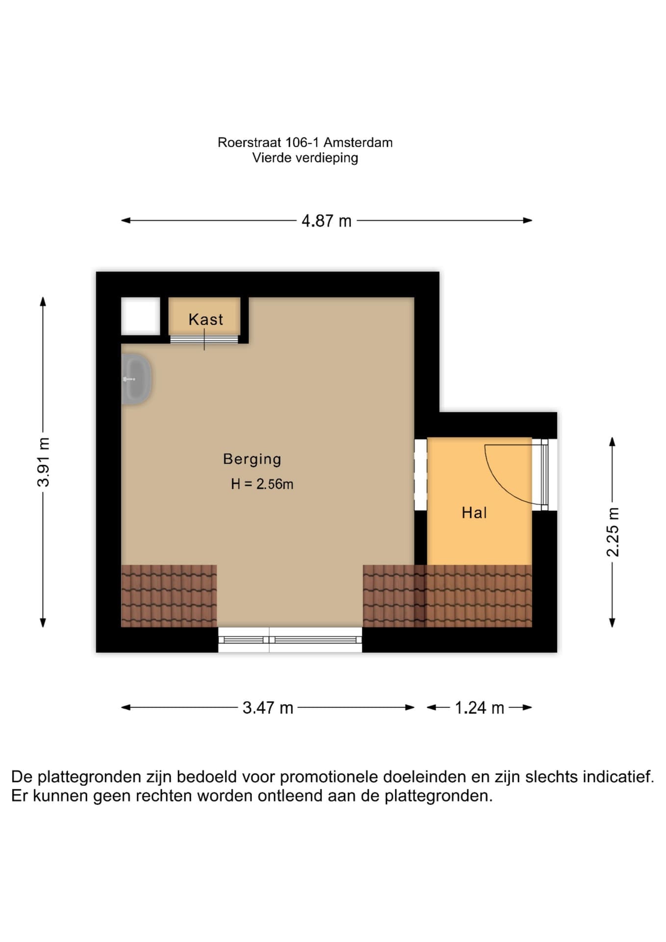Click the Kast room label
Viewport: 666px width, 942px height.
(206, 319)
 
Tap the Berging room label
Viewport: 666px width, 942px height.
(252, 459)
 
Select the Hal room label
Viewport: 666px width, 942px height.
(474, 513)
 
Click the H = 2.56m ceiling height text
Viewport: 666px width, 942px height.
(262, 484)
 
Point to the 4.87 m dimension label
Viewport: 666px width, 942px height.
(327, 221)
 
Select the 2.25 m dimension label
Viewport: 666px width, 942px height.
(613, 532)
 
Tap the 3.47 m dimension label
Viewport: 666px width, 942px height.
(268, 707)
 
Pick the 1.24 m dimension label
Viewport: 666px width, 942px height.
(479, 707)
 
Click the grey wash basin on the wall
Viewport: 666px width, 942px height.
(136, 379)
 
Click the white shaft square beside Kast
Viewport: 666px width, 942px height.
(140, 316)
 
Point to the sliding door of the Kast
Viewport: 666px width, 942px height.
(204, 339)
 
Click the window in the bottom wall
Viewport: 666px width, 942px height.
(290, 640)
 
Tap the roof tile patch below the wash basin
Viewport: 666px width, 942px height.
(169, 596)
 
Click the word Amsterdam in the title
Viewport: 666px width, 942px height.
(358, 143)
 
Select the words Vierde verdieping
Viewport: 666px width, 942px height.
(305, 158)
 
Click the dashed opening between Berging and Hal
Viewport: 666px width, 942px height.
(421, 474)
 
